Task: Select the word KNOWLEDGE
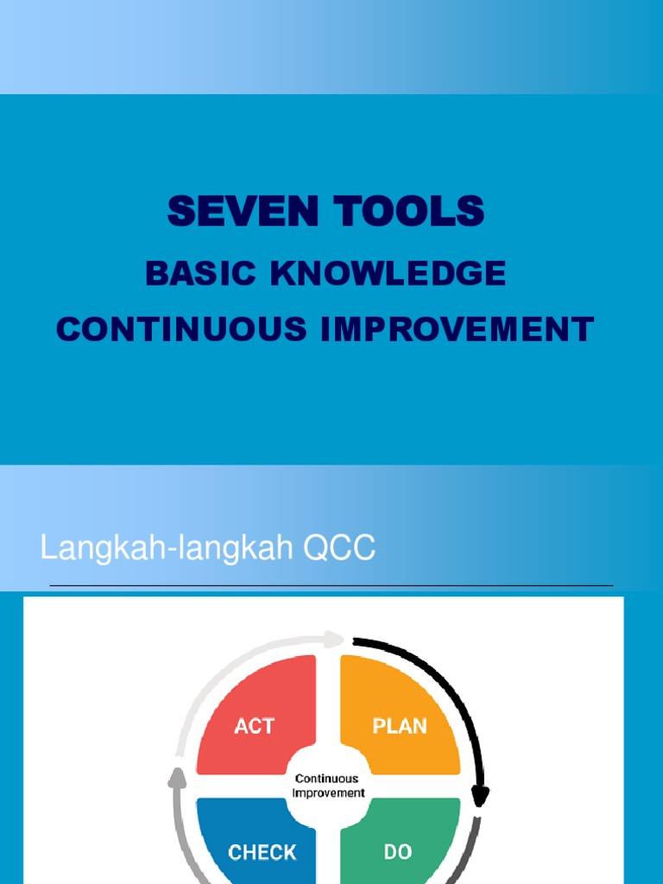tap(388, 274)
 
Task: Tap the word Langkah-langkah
tap(158, 549)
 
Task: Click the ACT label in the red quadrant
tap(254, 726)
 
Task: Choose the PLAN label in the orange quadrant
tap(400, 726)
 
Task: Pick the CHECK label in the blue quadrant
tap(262, 853)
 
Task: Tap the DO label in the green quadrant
tap(398, 853)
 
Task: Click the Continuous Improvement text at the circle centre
tap(328, 786)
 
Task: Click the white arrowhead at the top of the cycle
tap(336, 640)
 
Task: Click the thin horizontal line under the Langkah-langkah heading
tap(331, 585)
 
